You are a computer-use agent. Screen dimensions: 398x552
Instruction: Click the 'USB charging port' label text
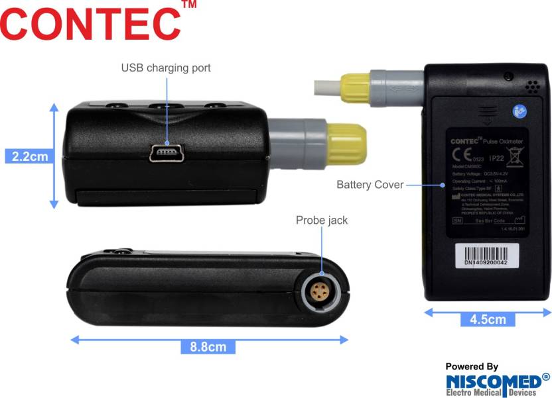pos(166,68)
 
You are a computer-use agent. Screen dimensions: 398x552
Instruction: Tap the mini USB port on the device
pos(167,154)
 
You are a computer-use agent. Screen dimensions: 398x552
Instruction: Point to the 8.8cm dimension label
pos(207,346)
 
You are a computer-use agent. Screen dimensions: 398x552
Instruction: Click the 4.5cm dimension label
pos(488,319)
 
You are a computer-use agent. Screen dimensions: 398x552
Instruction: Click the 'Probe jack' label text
pos(322,220)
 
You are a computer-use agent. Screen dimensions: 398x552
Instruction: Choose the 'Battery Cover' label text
pos(370,185)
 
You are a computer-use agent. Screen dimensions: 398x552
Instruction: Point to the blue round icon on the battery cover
pos(519,112)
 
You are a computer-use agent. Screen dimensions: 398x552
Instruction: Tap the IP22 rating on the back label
pos(496,158)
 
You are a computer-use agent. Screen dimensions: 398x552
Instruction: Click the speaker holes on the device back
pos(531,87)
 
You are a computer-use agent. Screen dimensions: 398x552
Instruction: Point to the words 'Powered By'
pos(471,366)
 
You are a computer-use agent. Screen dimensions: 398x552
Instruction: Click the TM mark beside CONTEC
pos(188,5)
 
